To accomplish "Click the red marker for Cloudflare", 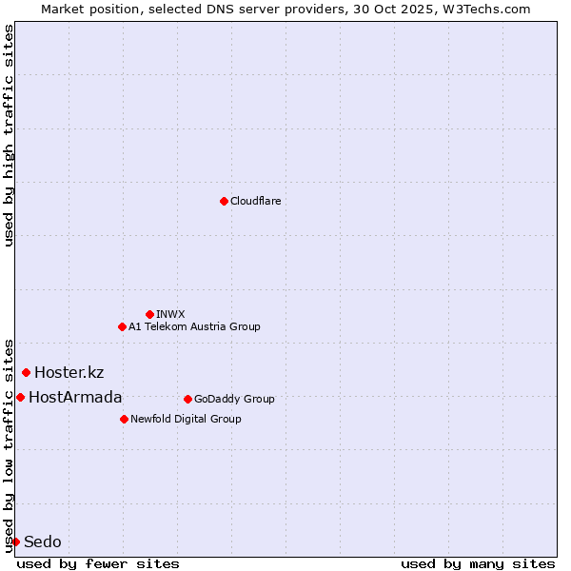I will pos(224,201).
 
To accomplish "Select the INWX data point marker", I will pos(149,314).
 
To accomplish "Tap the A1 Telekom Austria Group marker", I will pos(122,326).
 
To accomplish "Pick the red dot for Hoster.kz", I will pos(26,372).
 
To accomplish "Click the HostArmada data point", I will pos(20,397).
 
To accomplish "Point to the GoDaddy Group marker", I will pos(187,399).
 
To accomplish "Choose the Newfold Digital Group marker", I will pos(124,419).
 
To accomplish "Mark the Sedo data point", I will pos(15,541).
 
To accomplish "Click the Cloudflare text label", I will pos(255,201).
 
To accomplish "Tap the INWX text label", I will pos(170,314).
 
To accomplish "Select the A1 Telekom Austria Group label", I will pos(194,326).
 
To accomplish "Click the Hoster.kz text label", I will pos(69,372).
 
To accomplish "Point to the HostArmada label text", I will pos(75,397).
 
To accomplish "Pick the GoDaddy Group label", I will pos(234,399).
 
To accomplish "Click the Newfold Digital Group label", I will pos(186,419).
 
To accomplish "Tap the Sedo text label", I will pos(43,541).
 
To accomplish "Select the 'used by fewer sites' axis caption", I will pos(98,563).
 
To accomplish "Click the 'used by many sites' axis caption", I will pos(478,563).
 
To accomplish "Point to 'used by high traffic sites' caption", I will pos(9,135).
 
